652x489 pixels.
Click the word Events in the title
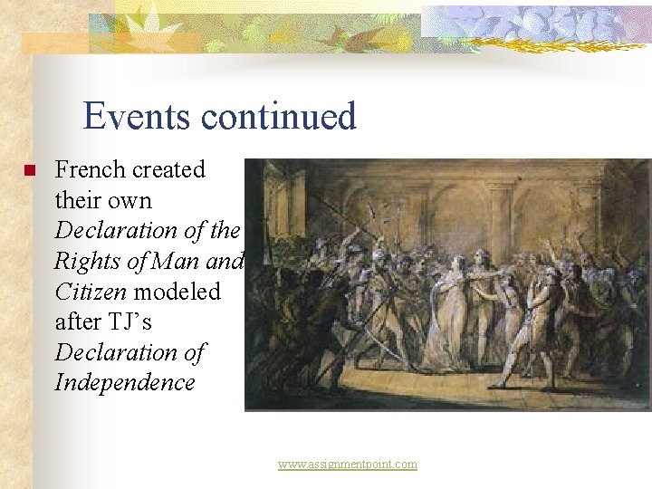point(137,117)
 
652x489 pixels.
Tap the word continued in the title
point(279,117)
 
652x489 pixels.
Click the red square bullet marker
point(29,170)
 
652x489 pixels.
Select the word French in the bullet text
point(90,169)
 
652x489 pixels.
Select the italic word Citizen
point(86,292)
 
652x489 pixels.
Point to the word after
point(79,321)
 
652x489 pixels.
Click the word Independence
point(125,382)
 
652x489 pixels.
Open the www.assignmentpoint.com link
point(348,465)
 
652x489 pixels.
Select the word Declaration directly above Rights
point(117,231)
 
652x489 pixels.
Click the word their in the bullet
point(79,200)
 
